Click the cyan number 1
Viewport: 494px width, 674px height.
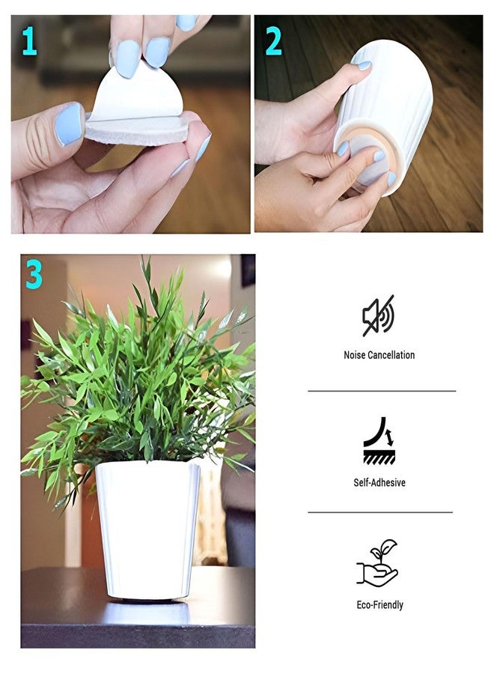coord(29,41)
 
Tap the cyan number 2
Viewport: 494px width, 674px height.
coord(274,41)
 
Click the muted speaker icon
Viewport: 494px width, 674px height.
coord(379,315)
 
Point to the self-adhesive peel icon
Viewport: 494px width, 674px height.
coord(379,440)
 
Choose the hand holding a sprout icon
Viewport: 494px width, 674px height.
coord(377,562)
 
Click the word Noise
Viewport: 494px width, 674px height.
coord(355,355)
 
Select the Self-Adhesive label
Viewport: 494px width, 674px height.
coord(379,482)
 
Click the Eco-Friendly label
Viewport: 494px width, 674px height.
coord(379,605)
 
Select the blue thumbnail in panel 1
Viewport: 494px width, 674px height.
coord(69,124)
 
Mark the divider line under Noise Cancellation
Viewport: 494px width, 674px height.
coord(382,391)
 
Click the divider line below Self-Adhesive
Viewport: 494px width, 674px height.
coord(380,512)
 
